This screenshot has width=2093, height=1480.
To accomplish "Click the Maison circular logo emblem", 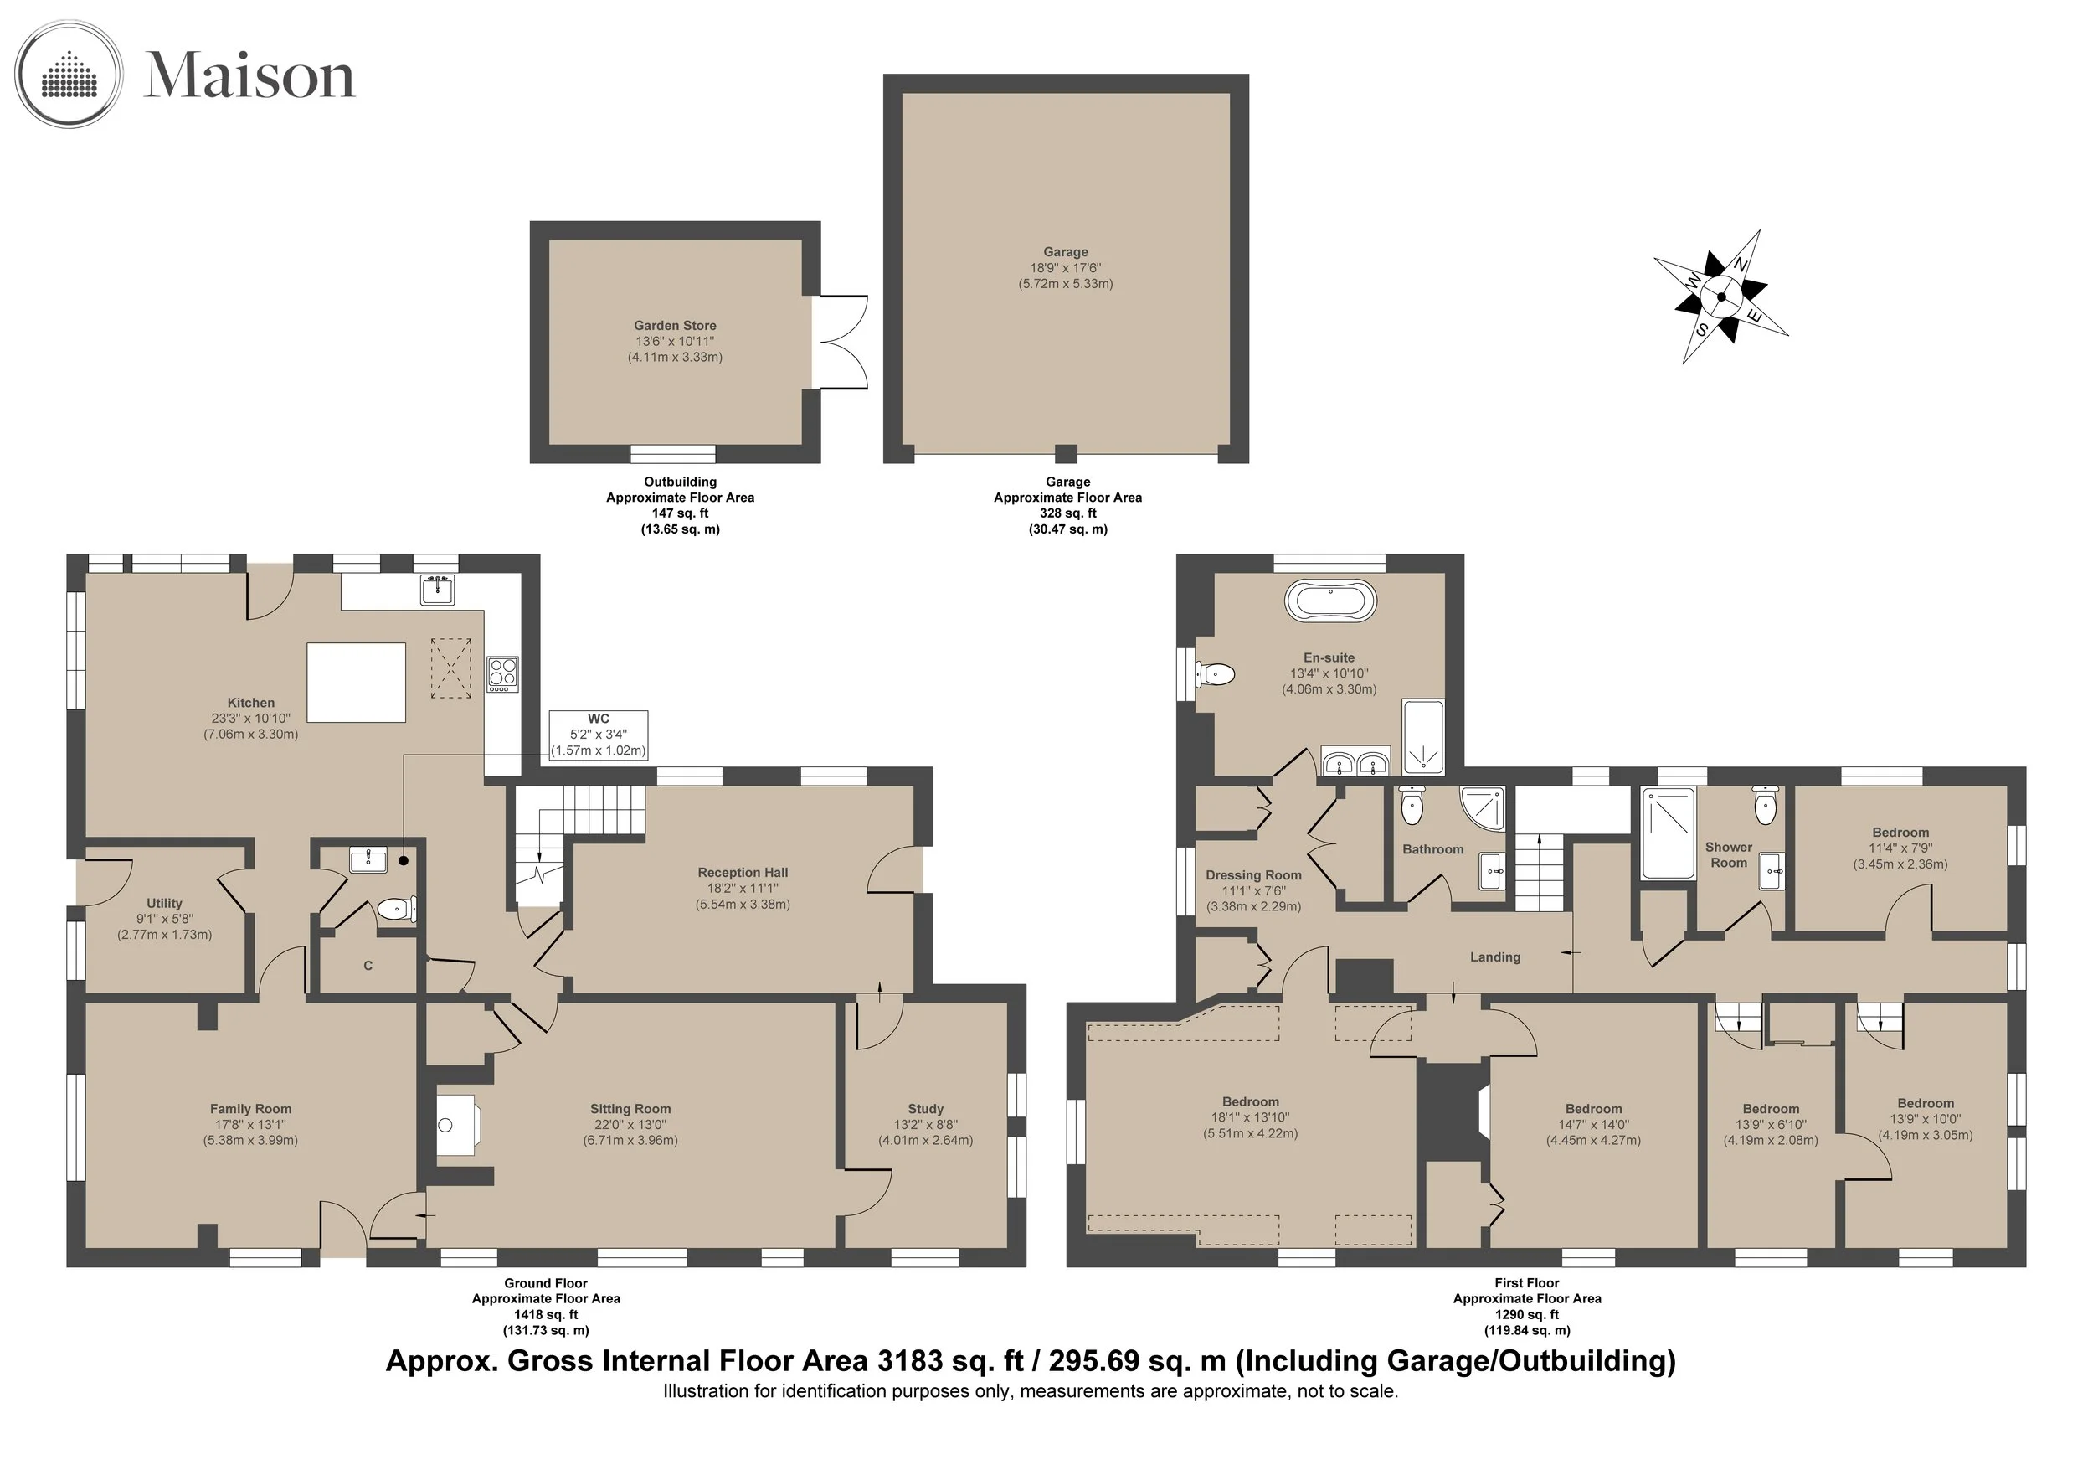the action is pos(69,74).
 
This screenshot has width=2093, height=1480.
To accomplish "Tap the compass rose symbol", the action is pos(1721,297).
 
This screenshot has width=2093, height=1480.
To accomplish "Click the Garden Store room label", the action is pos(675,326).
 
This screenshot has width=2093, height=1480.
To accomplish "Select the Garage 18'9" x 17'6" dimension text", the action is pos(1066,268).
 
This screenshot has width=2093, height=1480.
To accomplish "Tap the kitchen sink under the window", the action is pos(438,589).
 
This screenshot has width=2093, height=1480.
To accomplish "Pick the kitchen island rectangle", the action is pos(357,682).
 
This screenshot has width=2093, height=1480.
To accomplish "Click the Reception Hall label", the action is pos(743,873).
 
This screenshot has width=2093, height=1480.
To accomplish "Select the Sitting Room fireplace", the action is pos(458,1125).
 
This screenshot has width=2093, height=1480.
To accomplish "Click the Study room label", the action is pos(925,1109).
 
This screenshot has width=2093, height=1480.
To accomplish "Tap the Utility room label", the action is pos(164,903).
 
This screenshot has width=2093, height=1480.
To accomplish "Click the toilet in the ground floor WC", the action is pos(397,909).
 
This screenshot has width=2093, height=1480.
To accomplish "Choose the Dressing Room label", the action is pos(1253,875).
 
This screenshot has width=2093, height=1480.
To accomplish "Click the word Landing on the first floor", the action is pos(1495,957).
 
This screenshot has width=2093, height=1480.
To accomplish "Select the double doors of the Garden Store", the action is pos(841,342).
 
